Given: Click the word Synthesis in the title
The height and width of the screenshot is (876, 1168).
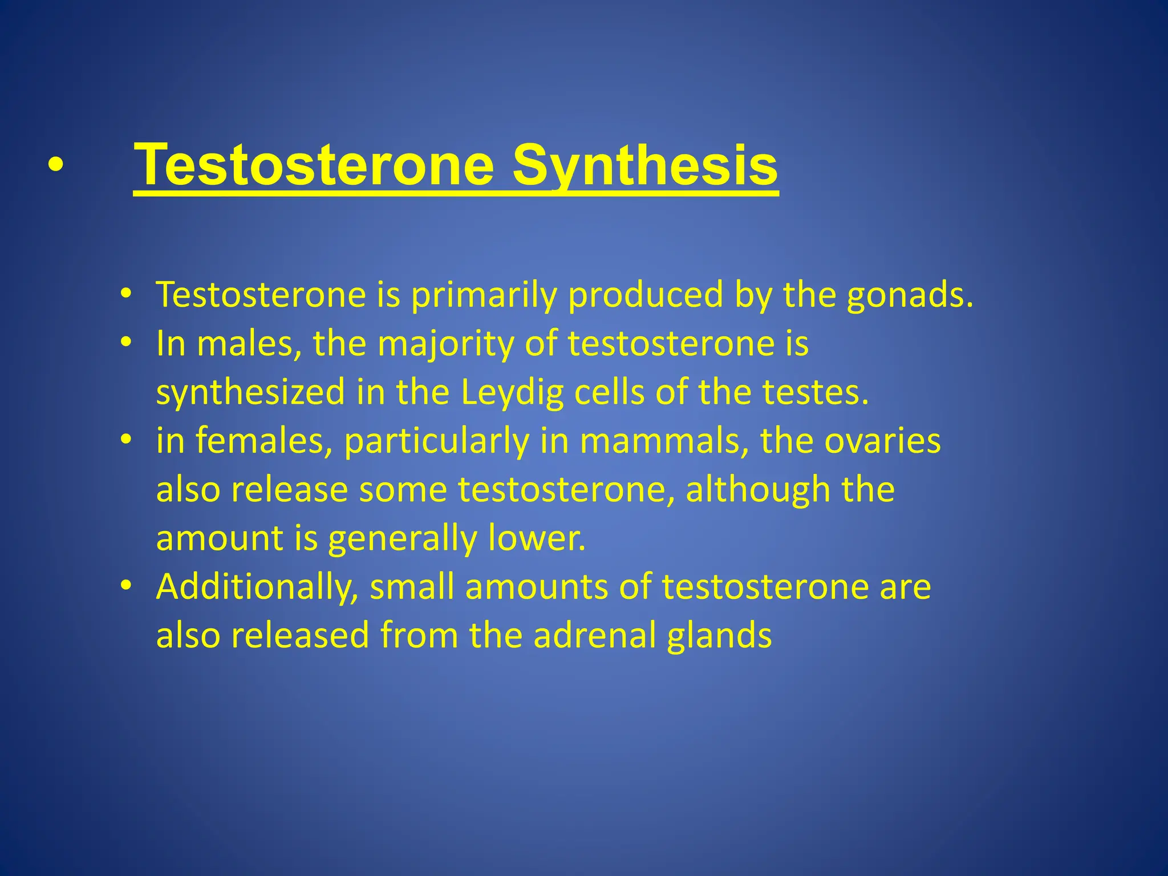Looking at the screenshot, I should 644,165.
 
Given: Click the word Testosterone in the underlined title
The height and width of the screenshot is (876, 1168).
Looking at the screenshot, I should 314,165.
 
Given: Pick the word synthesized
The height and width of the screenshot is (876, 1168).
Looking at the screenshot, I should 251,394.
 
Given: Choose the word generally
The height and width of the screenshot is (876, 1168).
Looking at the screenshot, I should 402,539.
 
